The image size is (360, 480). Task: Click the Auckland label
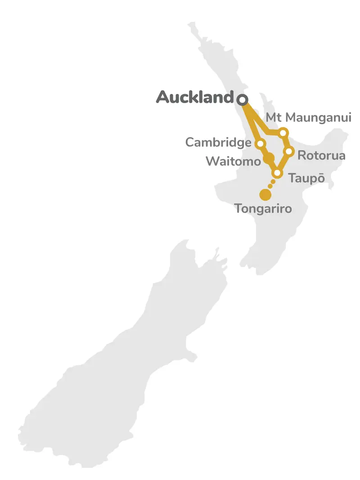coord(195,97)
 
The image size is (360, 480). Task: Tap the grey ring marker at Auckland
coord(243,99)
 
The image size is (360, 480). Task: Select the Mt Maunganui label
coord(308,117)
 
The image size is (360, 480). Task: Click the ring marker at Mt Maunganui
coord(283,133)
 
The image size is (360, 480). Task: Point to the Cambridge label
coord(218,143)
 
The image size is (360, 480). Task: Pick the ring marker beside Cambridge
coord(260,144)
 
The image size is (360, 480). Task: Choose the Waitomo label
coord(233,161)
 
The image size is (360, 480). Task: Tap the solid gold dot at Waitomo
coord(268,158)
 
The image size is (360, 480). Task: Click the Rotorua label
coord(321,156)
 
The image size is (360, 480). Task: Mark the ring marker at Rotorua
coord(289,152)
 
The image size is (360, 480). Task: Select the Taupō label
coord(306,178)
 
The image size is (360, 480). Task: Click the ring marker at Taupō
coord(277,173)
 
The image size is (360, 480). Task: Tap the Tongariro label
coord(263,209)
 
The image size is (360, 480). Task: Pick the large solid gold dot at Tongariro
coord(265,195)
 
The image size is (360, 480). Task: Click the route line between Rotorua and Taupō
coord(283,162)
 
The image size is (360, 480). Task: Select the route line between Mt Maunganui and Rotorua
coord(286,142)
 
